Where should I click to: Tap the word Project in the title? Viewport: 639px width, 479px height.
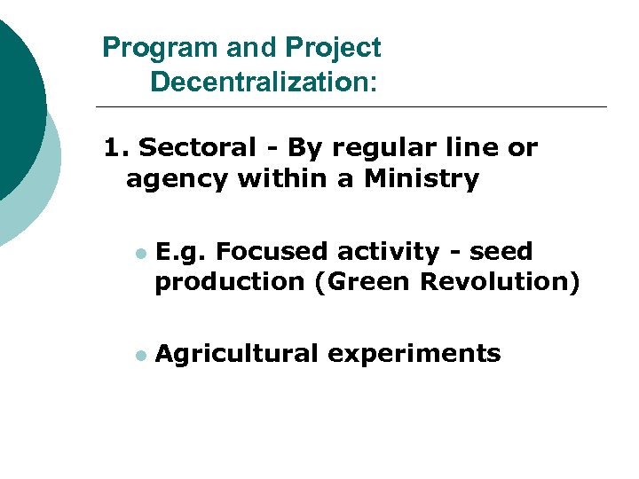coord(333,48)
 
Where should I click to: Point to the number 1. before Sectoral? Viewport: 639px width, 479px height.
coord(116,147)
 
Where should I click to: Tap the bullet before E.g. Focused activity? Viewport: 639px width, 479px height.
coord(139,254)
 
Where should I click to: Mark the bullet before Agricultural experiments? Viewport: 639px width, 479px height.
coord(139,355)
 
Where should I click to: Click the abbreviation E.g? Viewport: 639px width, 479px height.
coord(181,253)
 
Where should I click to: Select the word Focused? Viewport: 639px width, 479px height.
coord(273,252)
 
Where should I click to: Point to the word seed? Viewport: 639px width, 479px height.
coord(501,252)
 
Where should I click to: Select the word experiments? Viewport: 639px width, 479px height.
coord(414,354)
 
